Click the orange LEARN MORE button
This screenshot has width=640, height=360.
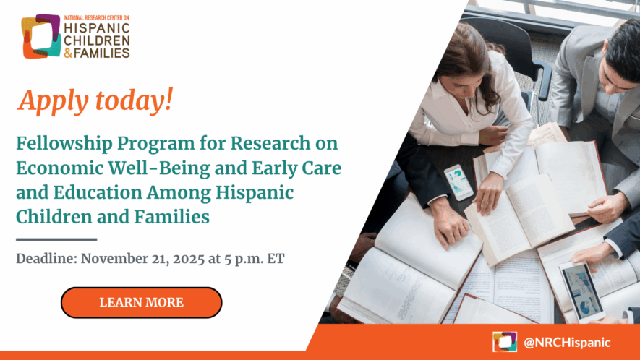[x=141, y=302]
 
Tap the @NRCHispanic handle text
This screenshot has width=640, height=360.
[x=567, y=342]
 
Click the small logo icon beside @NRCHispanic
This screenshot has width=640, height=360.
[x=505, y=342]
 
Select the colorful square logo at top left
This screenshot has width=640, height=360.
[x=40, y=36]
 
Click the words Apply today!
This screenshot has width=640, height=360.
[x=95, y=100]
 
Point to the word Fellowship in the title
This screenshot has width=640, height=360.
[x=64, y=143]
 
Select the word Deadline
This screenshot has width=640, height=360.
[x=46, y=258]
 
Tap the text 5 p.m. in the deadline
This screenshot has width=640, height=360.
[x=243, y=260]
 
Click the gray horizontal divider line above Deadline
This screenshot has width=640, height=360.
[x=56, y=239]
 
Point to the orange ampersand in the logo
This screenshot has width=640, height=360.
[x=68, y=53]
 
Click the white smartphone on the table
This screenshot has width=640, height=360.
[x=458, y=182]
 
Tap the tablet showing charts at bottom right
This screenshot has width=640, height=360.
[x=581, y=291]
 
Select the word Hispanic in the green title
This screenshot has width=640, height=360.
[x=255, y=193]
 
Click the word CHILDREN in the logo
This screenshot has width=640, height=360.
[x=97, y=40]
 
